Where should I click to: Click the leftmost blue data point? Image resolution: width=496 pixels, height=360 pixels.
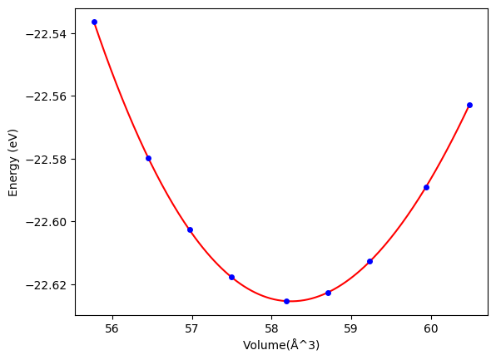(94, 22)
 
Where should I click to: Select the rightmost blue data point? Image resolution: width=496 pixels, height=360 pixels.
(469, 106)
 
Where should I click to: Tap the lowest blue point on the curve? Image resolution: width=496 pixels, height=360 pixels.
(286, 302)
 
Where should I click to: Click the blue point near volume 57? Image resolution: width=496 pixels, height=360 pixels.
(190, 229)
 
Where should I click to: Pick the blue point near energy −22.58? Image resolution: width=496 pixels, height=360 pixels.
(148, 158)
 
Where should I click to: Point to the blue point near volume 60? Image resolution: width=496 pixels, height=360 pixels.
(426, 187)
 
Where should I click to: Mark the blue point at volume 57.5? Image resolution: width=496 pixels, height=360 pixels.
(232, 277)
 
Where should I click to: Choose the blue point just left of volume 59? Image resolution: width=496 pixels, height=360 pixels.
(329, 293)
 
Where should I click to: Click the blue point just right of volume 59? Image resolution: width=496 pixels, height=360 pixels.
(370, 261)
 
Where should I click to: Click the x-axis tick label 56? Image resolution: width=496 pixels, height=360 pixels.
(112, 328)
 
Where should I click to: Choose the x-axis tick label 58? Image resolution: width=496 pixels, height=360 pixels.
(271, 328)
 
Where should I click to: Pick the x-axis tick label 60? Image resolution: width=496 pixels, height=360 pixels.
(431, 328)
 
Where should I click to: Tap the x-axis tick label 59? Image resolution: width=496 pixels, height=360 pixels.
(351, 328)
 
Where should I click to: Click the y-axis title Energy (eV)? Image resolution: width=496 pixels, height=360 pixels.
(13, 162)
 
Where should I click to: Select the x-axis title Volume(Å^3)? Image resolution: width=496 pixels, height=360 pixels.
(281, 345)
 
